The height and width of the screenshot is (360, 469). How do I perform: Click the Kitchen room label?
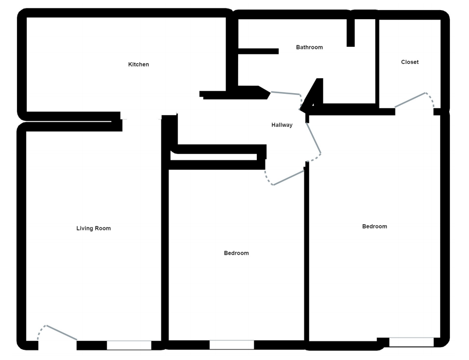pos(139,64)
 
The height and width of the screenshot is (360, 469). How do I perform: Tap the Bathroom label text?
pos(309,47)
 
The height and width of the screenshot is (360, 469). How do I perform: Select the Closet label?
pos(410,62)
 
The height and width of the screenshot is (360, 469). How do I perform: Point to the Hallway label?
pos(282,125)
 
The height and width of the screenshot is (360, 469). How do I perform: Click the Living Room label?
pos(94,228)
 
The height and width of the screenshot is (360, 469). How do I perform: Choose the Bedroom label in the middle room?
pos(236,253)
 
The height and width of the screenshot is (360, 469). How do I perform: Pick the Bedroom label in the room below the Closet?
pos(375,226)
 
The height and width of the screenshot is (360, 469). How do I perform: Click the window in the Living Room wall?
pos(129,345)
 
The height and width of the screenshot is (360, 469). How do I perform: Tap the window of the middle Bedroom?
pos(231,345)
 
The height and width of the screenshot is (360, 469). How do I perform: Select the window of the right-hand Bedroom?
pos(411,342)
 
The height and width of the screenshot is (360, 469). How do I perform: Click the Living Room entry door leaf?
pos(62,332)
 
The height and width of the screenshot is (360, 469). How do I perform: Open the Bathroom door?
pos(285,93)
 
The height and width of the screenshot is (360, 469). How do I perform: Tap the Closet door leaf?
pos(410,100)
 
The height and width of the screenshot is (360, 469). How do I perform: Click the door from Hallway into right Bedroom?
pos(314,137)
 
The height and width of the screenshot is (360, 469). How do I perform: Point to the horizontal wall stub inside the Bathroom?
pos(258,51)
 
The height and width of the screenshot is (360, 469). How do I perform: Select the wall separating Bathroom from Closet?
pos(377,61)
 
